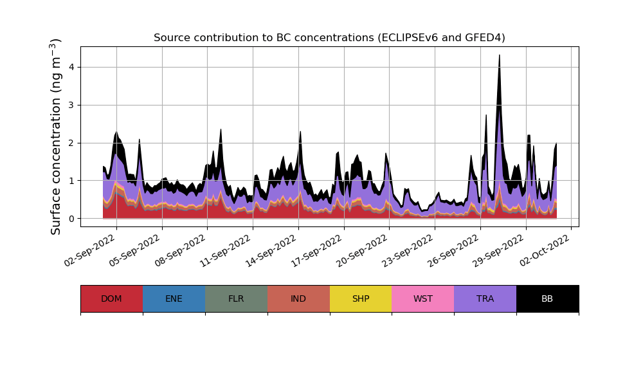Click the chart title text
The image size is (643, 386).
point(329,38)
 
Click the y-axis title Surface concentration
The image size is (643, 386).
point(56,136)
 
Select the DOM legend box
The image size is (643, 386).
point(111,299)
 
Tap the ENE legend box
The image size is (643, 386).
point(174,299)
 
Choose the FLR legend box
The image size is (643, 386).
point(236,299)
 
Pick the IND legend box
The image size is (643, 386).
point(298,299)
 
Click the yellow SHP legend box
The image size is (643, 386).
point(361,299)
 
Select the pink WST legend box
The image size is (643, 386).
point(423,299)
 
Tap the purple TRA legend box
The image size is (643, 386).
point(485,299)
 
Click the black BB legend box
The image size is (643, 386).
point(547,299)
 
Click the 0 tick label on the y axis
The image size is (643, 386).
point(71,219)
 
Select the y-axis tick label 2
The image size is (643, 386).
point(71,143)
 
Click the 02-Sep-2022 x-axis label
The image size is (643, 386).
point(91,251)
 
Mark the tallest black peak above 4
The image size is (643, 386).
point(499,57)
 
